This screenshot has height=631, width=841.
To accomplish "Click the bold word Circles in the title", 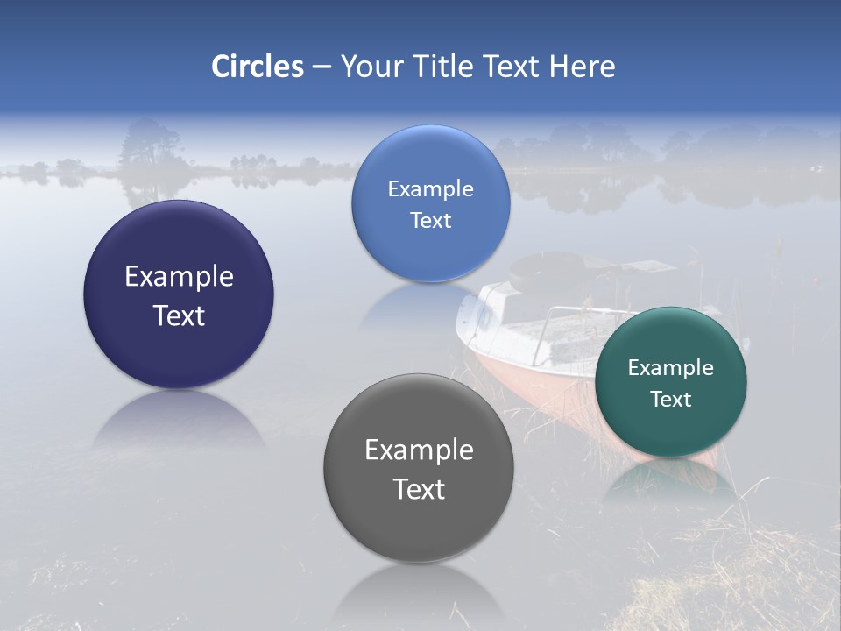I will click(x=257, y=67).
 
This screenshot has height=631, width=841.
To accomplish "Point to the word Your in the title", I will click(x=368, y=67).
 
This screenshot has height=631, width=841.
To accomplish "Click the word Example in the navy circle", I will click(x=179, y=276).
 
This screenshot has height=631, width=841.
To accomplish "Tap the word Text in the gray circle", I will click(x=419, y=489).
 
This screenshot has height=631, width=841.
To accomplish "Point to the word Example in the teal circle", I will click(x=670, y=367).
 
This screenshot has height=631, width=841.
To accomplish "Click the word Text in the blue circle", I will click(x=430, y=220).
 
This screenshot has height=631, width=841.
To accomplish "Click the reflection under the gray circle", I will click(x=419, y=596).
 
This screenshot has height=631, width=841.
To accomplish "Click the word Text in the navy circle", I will click(x=179, y=315).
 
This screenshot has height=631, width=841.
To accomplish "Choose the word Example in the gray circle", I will click(x=419, y=450).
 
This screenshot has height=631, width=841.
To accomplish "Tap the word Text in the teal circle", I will click(x=670, y=399).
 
